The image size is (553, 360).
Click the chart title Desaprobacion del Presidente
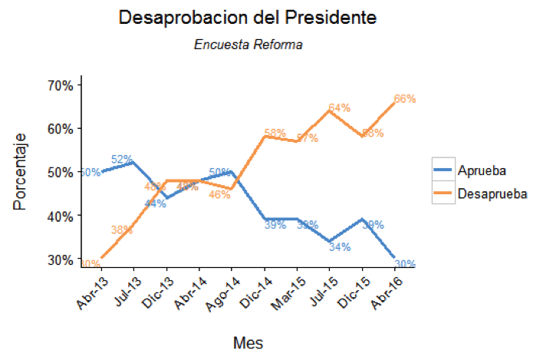pyautogui.click(x=248, y=18)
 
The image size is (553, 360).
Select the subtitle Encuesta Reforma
pyautogui.click(x=248, y=45)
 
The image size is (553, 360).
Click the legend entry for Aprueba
pyautogui.click(x=480, y=170)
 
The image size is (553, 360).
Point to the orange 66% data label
pyautogui.click(x=405, y=99)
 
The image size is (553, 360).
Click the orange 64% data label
pyautogui.click(x=339, y=108)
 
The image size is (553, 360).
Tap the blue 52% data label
pyautogui.click(x=121, y=160)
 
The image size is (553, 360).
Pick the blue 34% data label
pyautogui.click(x=340, y=246)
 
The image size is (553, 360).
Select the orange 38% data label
pyautogui.click(x=121, y=230)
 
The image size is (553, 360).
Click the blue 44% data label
pyautogui.click(x=155, y=203)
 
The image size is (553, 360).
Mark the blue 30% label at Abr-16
pyautogui.click(x=405, y=264)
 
